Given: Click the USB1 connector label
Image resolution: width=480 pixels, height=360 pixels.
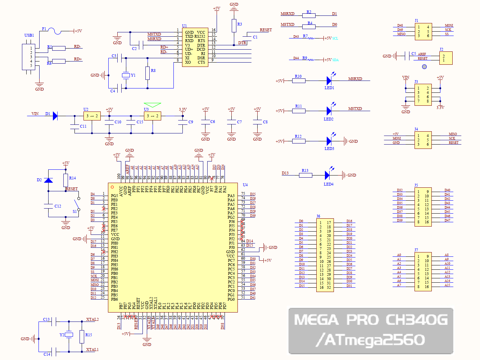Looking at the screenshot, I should (29, 35).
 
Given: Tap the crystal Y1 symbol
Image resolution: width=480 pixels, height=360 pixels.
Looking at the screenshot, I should (125, 75).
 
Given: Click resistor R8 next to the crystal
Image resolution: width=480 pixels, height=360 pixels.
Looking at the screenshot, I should (148, 73).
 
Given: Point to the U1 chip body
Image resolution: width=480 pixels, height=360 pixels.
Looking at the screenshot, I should (195, 47).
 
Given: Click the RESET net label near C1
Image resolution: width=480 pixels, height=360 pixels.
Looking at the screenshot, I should (266, 30).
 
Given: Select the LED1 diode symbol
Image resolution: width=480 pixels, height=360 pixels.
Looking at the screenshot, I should (329, 81).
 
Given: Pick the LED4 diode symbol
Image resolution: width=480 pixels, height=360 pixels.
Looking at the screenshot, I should (327, 175).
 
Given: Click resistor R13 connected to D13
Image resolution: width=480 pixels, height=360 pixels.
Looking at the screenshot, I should (305, 175).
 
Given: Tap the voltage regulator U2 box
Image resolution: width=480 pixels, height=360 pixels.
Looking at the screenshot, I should (92, 116).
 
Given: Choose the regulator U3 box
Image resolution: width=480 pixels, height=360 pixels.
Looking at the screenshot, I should (152, 116).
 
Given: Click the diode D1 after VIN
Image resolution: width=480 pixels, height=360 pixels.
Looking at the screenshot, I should (55, 116).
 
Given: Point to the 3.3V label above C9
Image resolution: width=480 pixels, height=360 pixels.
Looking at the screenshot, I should (183, 109).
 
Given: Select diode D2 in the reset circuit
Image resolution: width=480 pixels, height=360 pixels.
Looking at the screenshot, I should (48, 180).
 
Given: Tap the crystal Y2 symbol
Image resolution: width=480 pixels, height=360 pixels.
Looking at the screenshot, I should (69, 335).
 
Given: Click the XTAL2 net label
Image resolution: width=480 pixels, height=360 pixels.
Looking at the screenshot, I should (92, 319).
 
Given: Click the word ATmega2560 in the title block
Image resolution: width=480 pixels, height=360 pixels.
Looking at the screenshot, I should (374, 340).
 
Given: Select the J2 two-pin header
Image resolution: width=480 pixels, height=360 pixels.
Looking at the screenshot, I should (445, 58).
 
